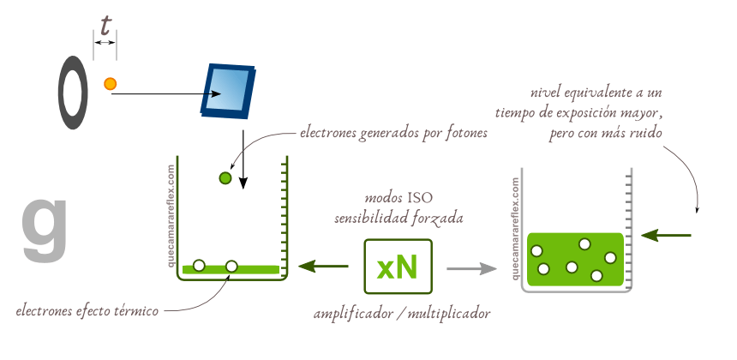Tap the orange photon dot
pyautogui.click(x=110, y=83)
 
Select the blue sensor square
pyautogui.click(x=229, y=90)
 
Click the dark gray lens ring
pyautogui.click(x=73, y=93)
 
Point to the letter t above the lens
pyautogui.click(x=105, y=27)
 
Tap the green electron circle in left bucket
pyautogui.click(x=225, y=178)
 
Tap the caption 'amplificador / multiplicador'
pyautogui.click(x=402, y=314)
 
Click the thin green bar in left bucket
pyautogui.click(x=231, y=269)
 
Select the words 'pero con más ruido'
pyautogui.click(x=605, y=133)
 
